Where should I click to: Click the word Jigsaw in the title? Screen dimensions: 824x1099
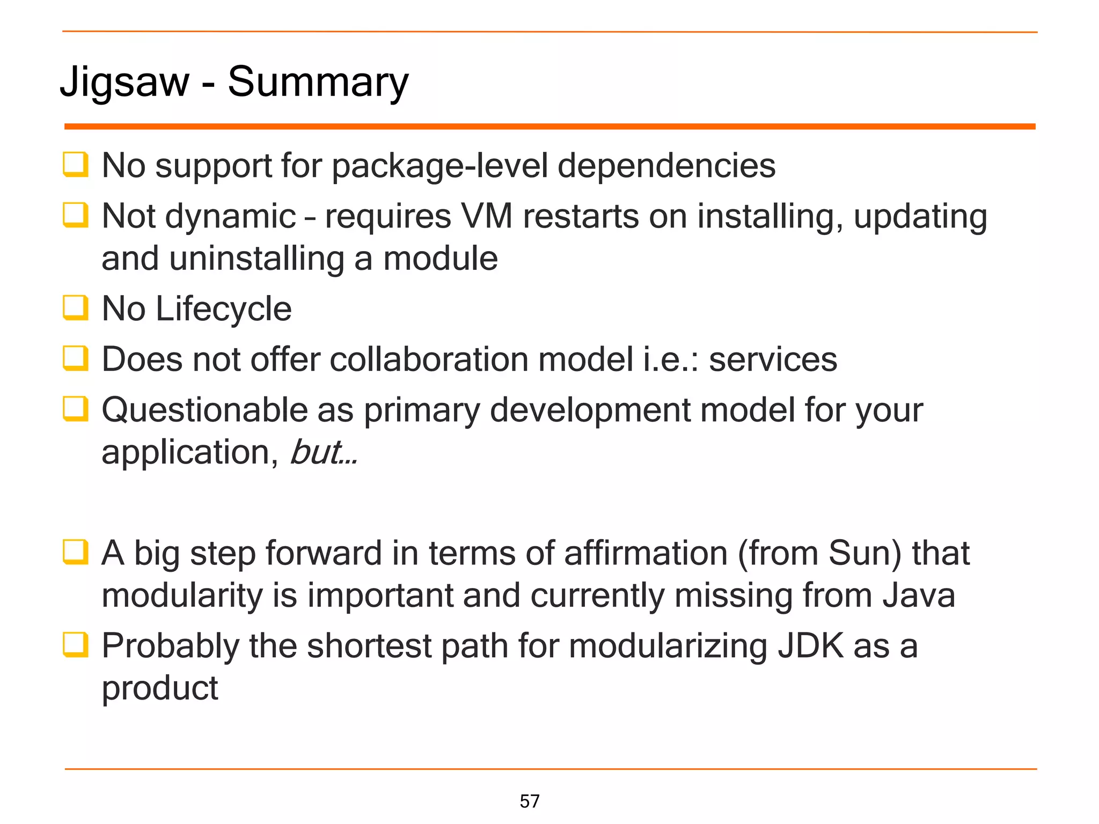point(124,82)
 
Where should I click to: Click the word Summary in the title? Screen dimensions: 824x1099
point(318,82)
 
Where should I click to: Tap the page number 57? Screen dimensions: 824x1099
point(530,801)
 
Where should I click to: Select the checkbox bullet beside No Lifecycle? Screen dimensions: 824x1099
point(75,308)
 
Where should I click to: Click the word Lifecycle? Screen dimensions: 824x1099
point(223,309)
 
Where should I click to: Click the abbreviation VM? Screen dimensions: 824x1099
point(486,216)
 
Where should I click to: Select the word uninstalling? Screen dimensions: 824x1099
point(257,259)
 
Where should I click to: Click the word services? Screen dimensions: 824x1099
point(773,359)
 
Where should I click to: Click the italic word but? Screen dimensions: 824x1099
point(315,452)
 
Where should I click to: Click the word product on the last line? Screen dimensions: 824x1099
point(160,688)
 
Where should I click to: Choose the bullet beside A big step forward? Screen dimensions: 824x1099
point(75,553)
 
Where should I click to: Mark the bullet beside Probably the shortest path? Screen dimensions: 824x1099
point(75,645)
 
